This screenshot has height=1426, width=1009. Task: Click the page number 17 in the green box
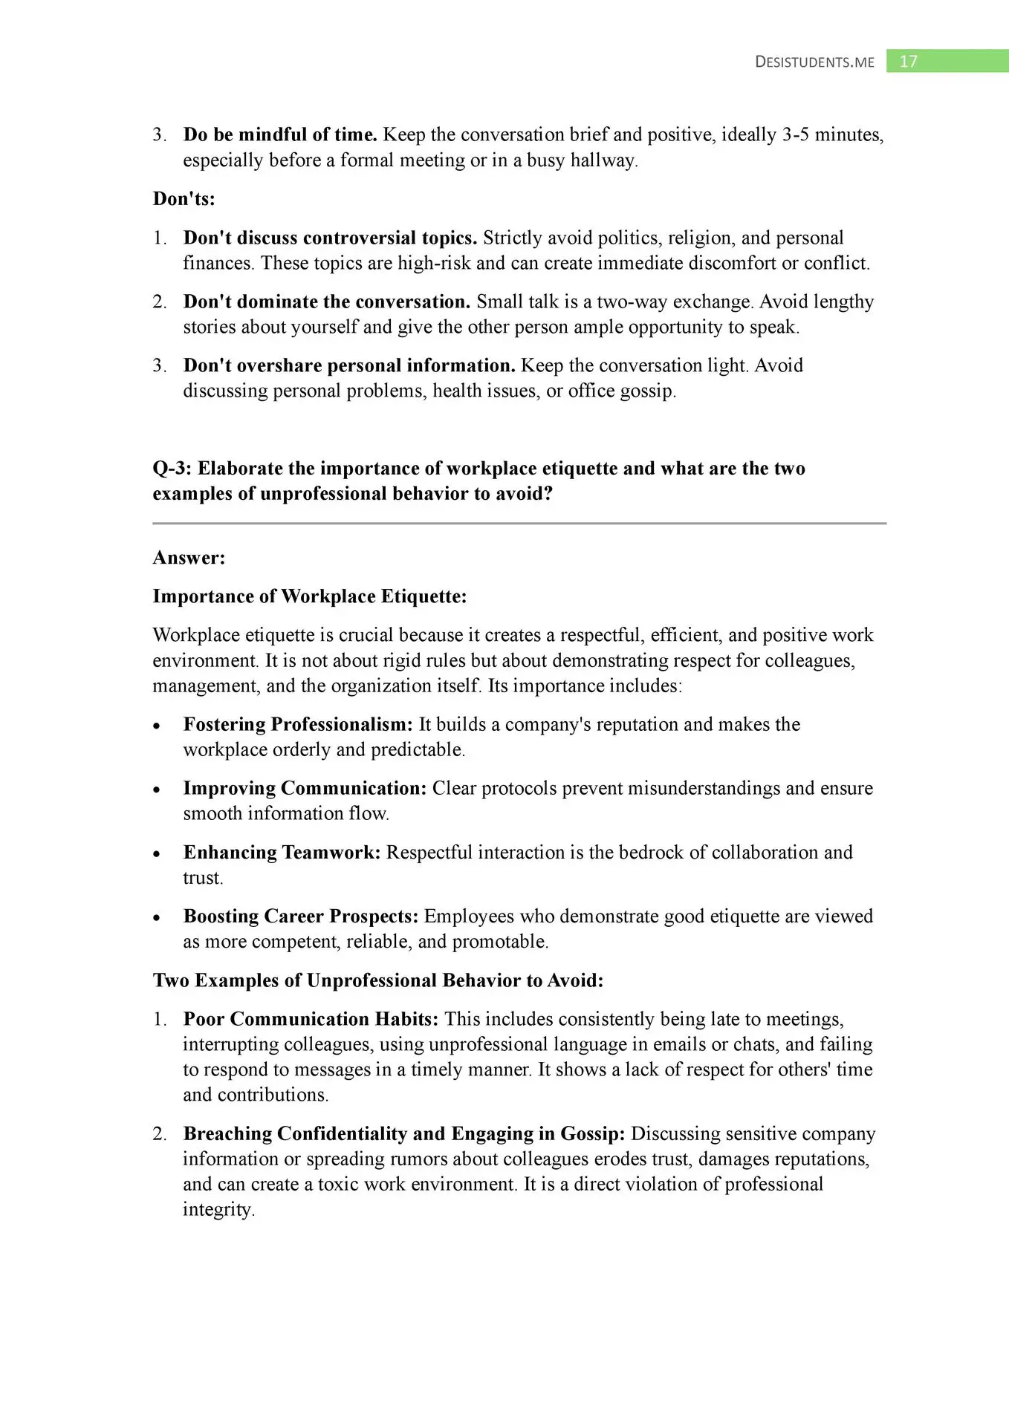tap(908, 62)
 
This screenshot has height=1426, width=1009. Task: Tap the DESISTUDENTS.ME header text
tap(814, 62)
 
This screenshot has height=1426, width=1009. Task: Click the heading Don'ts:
tap(184, 199)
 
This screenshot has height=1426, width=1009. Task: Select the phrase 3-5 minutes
tap(832, 135)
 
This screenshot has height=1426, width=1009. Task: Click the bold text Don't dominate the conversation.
tap(327, 302)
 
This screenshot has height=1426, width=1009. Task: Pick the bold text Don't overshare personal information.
tap(349, 366)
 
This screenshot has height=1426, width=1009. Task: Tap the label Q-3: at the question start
tap(172, 469)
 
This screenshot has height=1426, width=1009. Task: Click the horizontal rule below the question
tap(519, 524)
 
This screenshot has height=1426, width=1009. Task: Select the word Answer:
tap(189, 558)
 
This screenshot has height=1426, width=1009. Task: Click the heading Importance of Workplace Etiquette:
tap(310, 597)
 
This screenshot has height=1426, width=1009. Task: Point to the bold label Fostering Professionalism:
tap(298, 725)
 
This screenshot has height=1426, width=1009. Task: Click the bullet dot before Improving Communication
tap(157, 790)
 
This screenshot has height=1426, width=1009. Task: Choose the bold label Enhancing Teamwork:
tap(282, 853)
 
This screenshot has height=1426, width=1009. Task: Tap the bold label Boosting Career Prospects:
tap(301, 917)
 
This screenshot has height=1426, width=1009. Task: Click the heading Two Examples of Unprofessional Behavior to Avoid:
tap(378, 981)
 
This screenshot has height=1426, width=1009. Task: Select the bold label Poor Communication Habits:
tap(311, 1020)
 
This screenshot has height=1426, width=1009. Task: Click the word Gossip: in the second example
tap(592, 1134)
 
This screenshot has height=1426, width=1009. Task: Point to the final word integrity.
tap(218, 1210)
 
